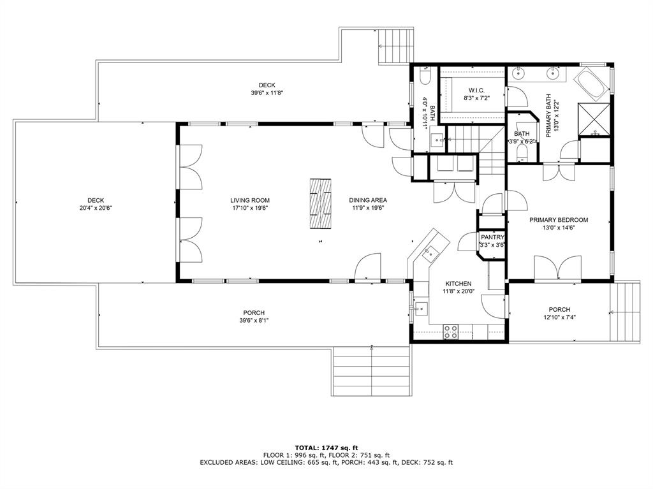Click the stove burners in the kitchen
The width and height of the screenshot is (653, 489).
(451, 330)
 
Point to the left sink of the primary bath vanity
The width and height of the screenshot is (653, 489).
(517, 74)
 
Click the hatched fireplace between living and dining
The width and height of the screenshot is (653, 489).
(321, 203)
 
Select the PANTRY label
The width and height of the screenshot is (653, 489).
(492, 237)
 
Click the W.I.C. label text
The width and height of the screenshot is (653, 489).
(476, 90)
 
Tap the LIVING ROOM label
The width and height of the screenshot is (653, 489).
(250, 200)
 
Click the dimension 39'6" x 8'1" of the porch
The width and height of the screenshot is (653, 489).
(254, 321)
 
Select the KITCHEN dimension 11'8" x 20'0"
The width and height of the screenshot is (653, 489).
(458, 291)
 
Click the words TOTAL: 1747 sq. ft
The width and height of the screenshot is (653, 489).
(326, 448)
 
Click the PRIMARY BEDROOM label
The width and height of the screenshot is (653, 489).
(559, 220)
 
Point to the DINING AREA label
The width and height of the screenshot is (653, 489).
(367, 200)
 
